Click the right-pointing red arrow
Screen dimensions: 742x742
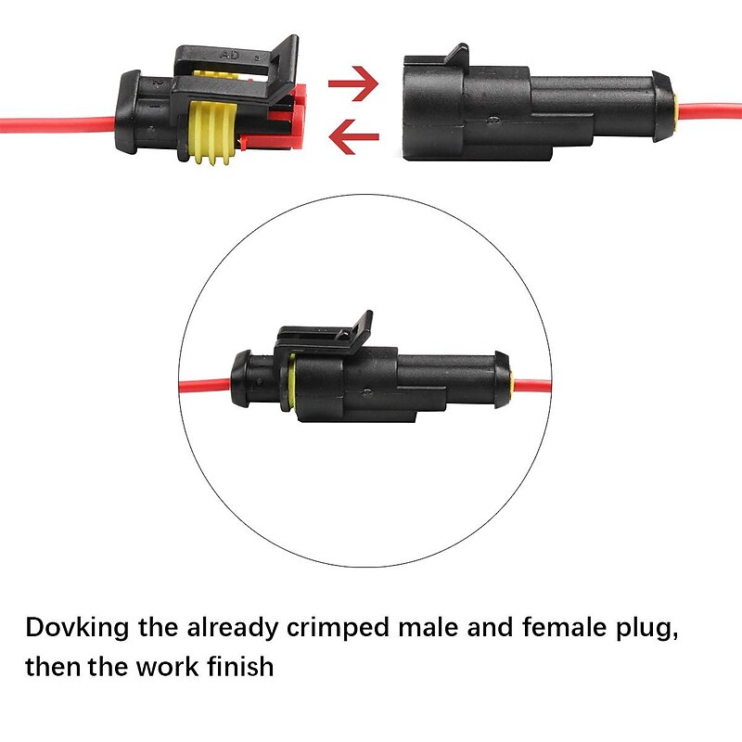click(354, 83)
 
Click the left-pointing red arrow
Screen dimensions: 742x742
click(354, 137)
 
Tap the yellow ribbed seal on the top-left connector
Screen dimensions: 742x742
click(211, 135)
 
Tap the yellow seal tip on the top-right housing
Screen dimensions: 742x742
click(677, 109)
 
